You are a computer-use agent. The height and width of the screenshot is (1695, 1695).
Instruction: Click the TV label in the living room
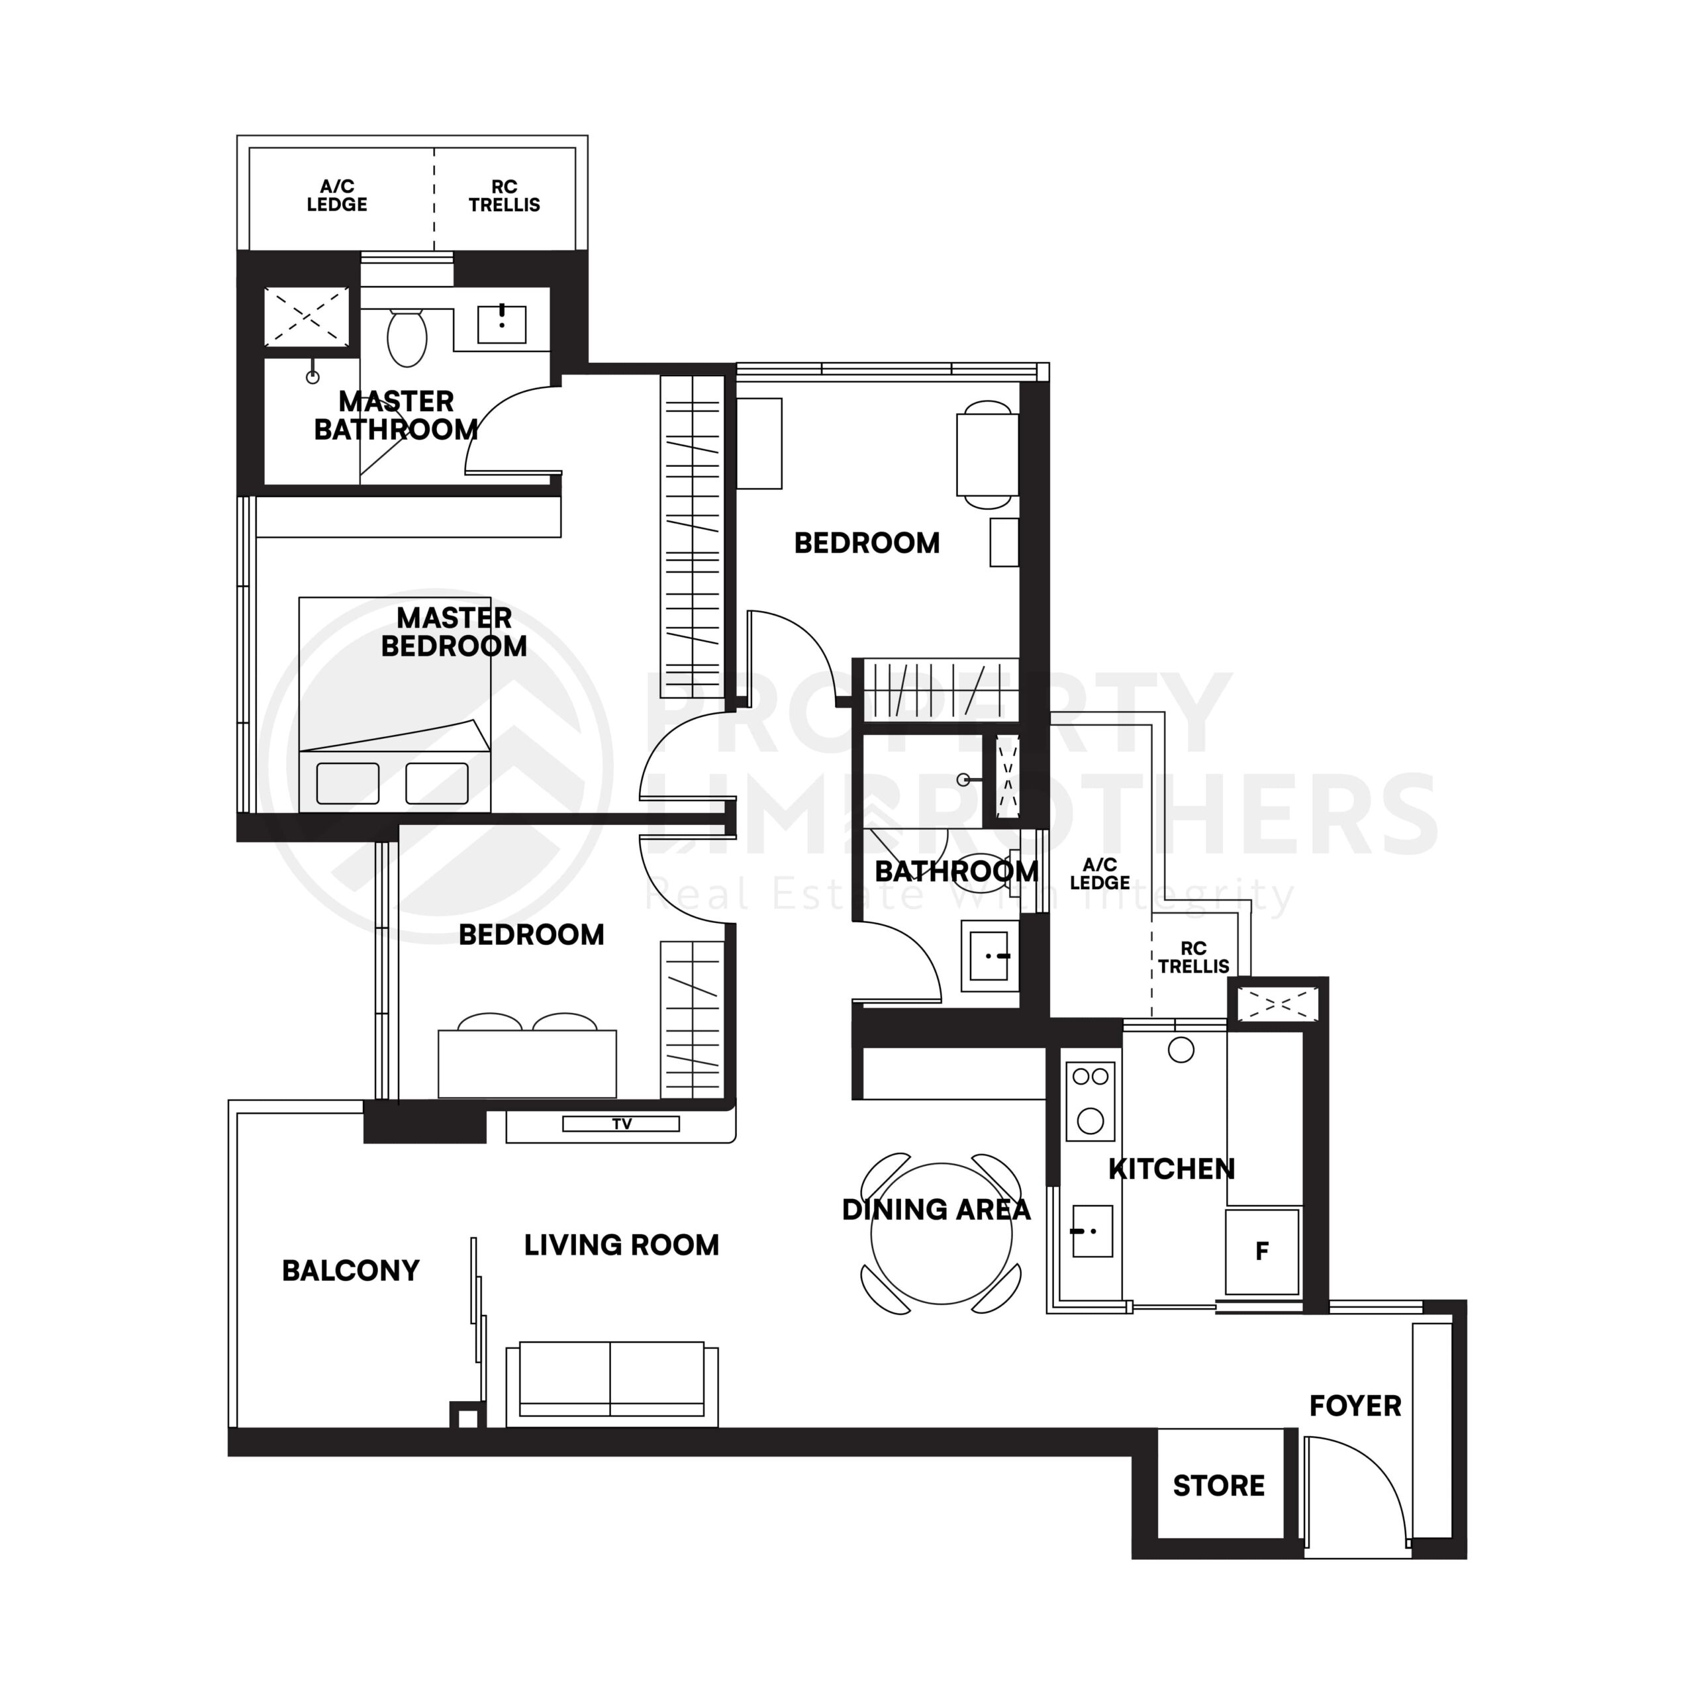(x=621, y=1124)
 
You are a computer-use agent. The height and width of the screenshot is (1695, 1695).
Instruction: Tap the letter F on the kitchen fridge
(x=1261, y=1251)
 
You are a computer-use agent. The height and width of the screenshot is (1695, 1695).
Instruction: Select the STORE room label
(x=1218, y=1485)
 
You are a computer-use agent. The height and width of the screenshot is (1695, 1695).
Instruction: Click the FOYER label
(x=1355, y=1406)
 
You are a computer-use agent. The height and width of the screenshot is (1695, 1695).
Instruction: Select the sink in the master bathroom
(x=502, y=324)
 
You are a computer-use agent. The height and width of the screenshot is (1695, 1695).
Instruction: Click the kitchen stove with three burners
(x=1090, y=1101)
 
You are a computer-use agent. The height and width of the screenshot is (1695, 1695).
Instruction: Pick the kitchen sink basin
(x=1092, y=1231)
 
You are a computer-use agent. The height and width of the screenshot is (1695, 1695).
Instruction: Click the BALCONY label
(x=350, y=1271)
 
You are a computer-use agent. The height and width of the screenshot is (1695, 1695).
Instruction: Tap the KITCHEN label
(x=1171, y=1169)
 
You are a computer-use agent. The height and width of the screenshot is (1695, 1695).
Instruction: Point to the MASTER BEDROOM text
(x=454, y=632)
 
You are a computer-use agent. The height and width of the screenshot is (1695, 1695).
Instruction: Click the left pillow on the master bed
(x=348, y=783)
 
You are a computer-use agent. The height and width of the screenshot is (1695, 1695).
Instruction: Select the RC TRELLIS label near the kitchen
(x=1193, y=957)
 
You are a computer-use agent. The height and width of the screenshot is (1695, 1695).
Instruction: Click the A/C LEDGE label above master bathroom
(x=337, y=195)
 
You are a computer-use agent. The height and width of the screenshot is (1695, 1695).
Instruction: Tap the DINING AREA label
(x=936, y=1210)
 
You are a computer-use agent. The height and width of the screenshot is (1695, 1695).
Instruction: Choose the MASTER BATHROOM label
(x=396, y=415)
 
